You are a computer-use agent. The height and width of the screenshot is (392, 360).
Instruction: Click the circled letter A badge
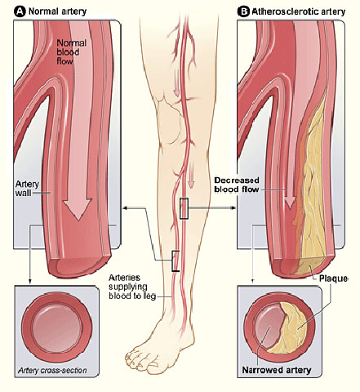click(x=20, y=11)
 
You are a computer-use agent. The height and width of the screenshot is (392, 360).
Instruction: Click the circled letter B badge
click(x=243, y=11)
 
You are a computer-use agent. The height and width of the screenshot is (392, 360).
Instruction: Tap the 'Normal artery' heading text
click(x=57, y=11)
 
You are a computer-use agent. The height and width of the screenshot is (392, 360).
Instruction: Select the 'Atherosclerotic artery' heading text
click(x=299, y=11)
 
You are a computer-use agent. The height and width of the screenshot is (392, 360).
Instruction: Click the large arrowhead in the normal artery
click(x=78, y=210)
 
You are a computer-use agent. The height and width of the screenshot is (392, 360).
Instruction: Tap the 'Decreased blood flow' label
click(x=237, y=185)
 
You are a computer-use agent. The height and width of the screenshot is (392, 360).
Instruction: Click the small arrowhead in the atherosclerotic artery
click(x=290, y=202)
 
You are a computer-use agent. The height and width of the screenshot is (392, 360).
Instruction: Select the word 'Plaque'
click(x=333, y=278)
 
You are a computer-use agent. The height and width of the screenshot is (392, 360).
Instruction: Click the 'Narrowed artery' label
click(x=277, y=370)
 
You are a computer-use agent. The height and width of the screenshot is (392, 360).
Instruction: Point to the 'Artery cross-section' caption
click(x=52, y=371)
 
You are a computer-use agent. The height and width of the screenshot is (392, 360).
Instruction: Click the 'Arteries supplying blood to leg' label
click(x=132, y=287)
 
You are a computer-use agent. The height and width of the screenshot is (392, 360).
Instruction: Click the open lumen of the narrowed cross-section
click(x=268, y=327)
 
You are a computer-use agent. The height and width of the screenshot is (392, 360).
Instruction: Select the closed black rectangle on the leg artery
click(x=184, y=208)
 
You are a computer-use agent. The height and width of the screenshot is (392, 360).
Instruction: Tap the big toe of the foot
click(x=131, y=355)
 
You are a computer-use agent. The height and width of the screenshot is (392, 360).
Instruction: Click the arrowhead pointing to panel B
click(x=233, y=208)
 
